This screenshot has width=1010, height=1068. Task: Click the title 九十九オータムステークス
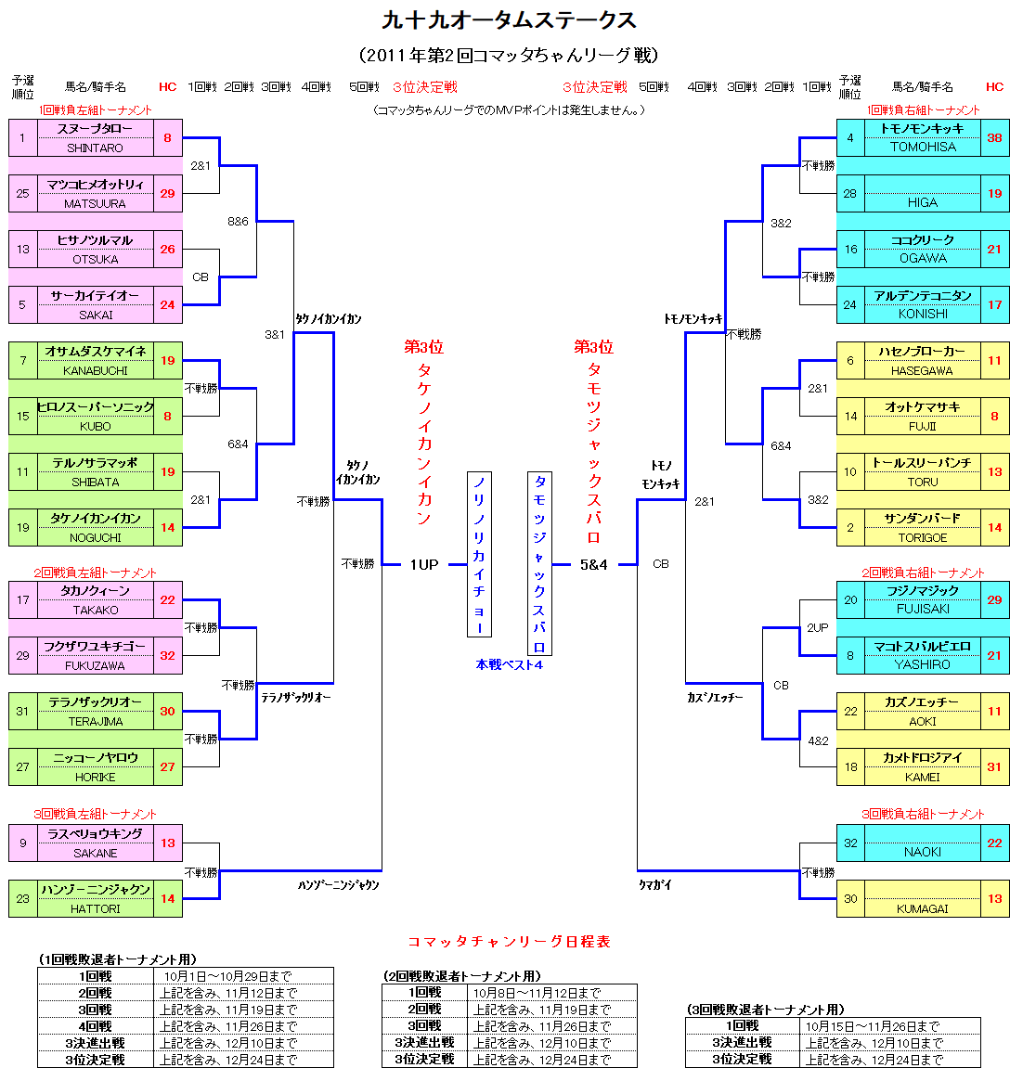[x=509, y=20]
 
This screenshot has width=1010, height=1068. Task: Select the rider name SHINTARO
[x=95, y=148]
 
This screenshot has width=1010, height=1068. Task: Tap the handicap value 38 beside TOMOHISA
[x=994, y=137]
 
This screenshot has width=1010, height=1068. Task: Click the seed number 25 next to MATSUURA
[x=23, y=194]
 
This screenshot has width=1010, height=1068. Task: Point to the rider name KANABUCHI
[x=95, y=370]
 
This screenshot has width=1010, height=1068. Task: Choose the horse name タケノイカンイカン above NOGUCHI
[x=95, y=518]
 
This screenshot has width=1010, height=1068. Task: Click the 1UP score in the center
[x=423, y=564]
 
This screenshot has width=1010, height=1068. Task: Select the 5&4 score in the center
[x=593, y=564]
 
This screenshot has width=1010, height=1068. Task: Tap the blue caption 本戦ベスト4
[x=509, y=664]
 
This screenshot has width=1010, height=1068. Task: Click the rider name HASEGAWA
[x=922, y=370]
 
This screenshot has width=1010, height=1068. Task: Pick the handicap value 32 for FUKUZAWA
[x=167, y=655]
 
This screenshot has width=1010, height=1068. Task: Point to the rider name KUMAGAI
[x=922, y=908]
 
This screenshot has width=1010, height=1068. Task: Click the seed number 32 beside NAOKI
[x=850, y=843]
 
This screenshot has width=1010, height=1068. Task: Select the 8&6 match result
[x=239, y=222]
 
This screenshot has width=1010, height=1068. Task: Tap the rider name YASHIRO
[x=922, y=664]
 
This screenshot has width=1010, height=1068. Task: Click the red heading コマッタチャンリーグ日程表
[x=509, y=941]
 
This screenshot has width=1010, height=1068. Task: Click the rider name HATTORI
[x=95, y=908]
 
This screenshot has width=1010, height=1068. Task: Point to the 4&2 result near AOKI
[x=818, y=740]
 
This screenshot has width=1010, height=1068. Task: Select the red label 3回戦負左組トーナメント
[x=95, y=814]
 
